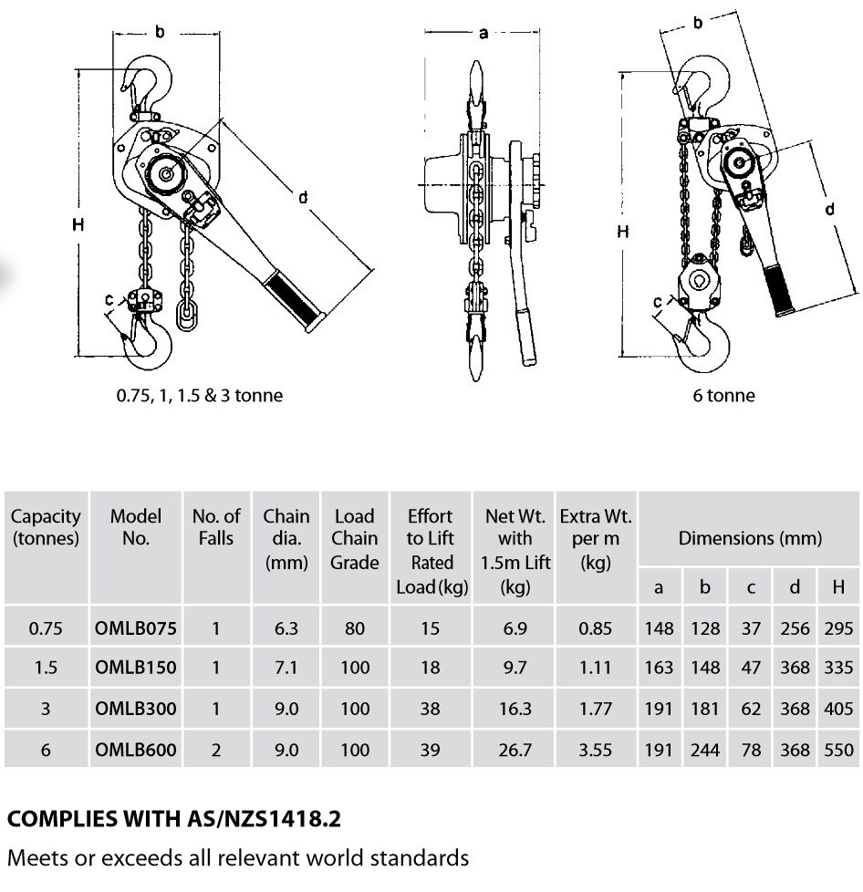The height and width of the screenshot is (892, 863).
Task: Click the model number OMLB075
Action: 136,628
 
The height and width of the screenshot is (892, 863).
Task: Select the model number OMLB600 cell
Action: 136,750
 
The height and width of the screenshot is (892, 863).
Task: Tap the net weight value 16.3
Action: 515,709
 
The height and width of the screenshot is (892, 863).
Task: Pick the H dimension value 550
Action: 837,750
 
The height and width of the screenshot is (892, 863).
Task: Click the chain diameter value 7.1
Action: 286,668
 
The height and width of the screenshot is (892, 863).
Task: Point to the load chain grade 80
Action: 354,628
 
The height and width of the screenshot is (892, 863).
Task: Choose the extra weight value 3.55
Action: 596,750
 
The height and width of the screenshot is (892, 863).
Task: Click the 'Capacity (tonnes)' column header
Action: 46,528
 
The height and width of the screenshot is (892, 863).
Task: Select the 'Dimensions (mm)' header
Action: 750,538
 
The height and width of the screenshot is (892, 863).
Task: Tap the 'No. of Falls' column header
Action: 216,528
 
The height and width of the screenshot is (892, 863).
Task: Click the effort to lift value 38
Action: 431,709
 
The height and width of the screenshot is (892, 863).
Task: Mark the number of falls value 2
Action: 216,750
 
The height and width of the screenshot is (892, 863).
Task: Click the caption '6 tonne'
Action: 723,395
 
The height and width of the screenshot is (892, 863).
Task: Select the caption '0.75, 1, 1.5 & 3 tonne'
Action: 199,395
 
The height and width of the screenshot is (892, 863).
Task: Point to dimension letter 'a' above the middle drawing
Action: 483,33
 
